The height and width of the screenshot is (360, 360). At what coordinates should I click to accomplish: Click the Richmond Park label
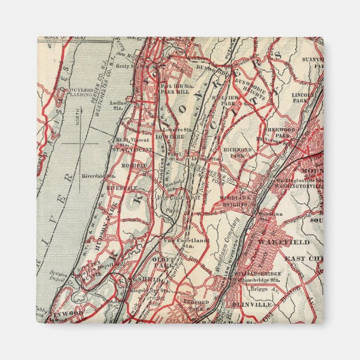pyautogui.click(x=239, y=153)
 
